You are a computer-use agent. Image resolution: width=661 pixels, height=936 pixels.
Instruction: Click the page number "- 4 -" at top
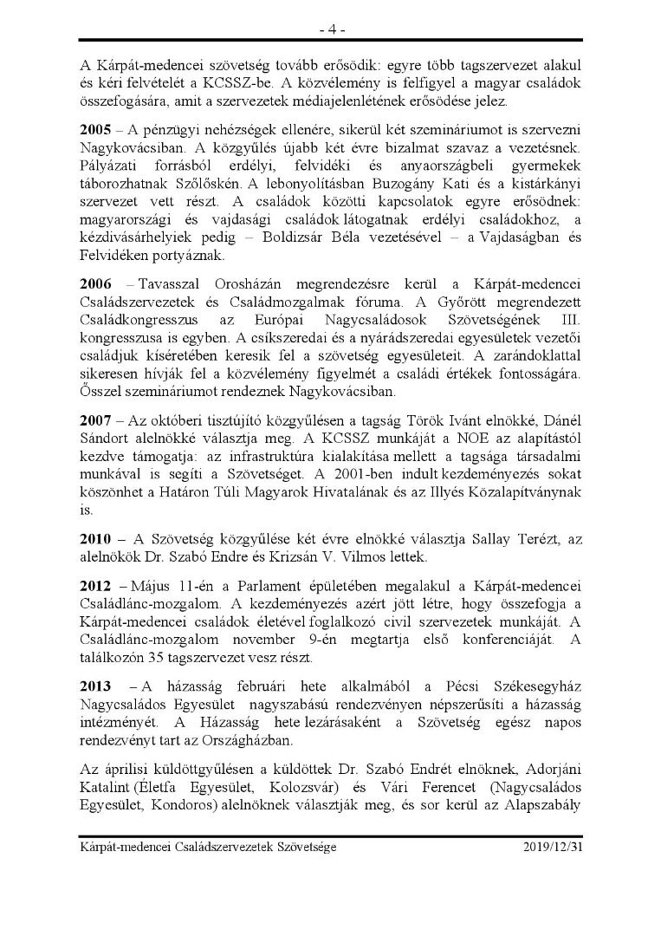(330, 29)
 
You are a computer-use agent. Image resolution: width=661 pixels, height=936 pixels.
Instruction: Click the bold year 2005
(95, 130)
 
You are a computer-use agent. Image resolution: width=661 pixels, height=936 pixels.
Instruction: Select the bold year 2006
(95, 284)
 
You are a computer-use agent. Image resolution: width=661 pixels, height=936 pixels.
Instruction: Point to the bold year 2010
(95, 539)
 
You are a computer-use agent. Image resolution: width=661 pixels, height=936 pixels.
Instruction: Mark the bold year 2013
(95, 683)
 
